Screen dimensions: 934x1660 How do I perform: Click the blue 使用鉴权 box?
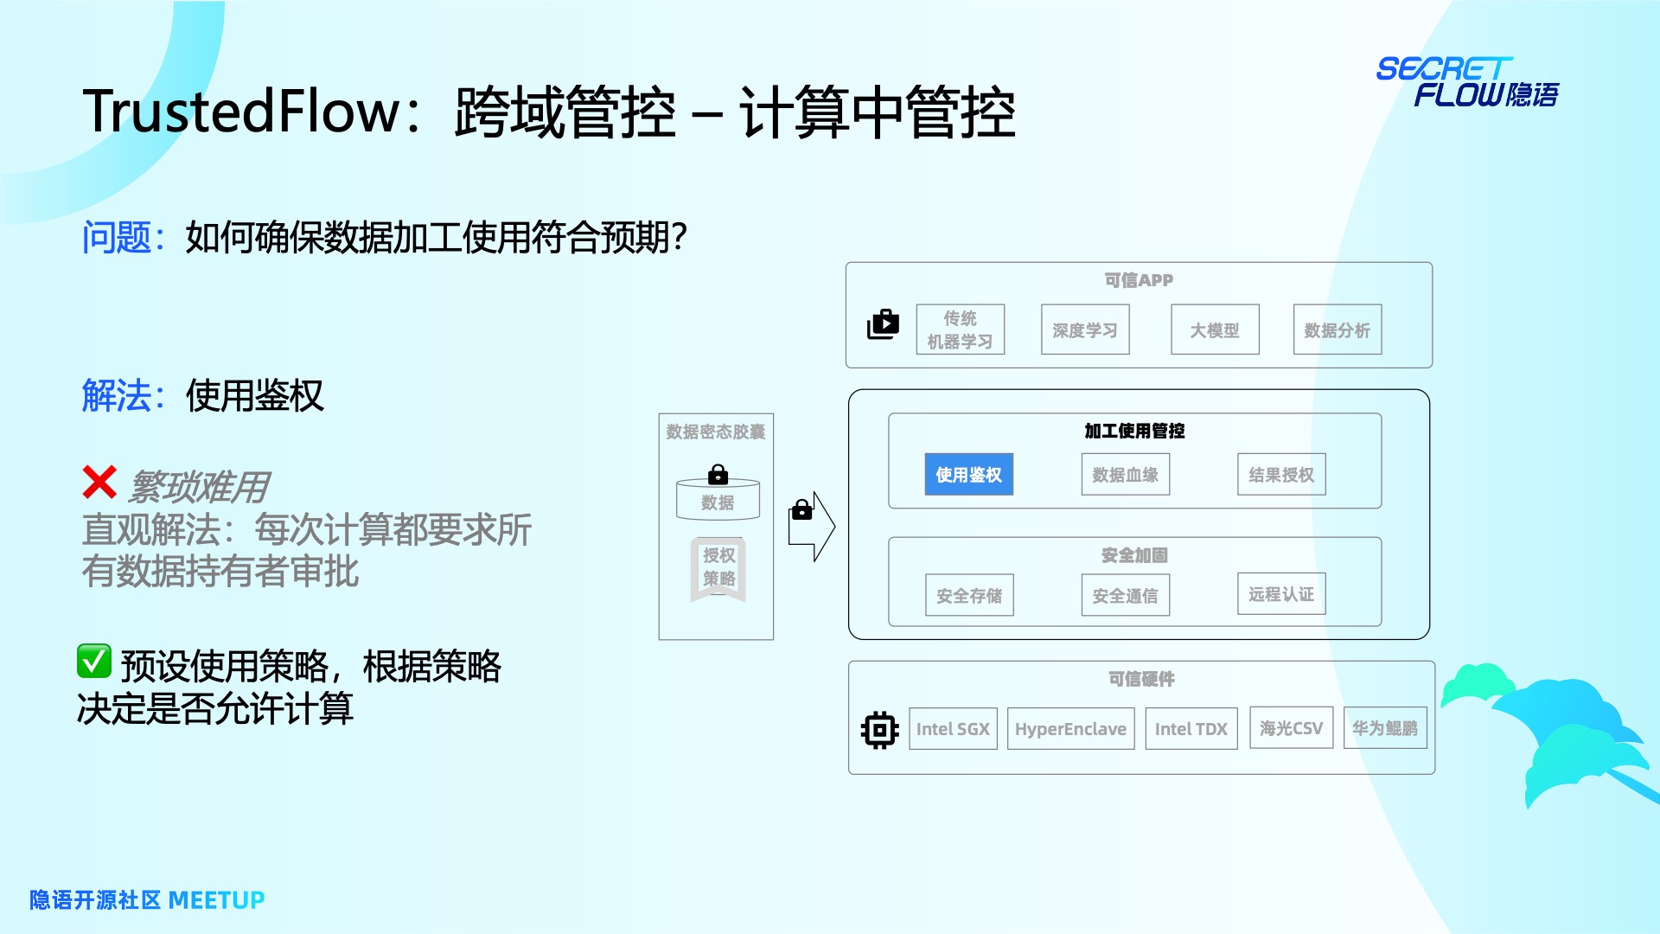968,475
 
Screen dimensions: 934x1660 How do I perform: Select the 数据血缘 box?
1125,475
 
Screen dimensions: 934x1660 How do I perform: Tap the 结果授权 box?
1281,475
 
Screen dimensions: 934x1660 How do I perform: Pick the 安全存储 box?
969,596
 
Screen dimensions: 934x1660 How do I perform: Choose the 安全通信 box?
1125,596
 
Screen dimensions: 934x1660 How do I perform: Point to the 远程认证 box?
1281,594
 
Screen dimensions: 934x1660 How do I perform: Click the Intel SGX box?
953,729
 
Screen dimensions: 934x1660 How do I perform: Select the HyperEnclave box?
1070,729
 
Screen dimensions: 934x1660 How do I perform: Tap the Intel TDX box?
1191,729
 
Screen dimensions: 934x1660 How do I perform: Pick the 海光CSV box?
1291,728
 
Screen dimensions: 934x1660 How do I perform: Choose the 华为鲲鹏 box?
1385,728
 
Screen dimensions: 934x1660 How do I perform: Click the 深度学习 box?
1085,330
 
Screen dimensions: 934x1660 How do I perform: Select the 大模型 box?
1215,330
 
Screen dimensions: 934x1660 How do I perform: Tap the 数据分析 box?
1338,330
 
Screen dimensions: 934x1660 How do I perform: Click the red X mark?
99,483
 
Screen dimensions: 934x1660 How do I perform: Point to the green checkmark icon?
94,662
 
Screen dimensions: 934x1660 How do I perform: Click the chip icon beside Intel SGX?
880,730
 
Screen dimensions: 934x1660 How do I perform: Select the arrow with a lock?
811,527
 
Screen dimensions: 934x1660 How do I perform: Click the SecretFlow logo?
1467,82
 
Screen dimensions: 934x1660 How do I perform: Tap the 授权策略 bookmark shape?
718,568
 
